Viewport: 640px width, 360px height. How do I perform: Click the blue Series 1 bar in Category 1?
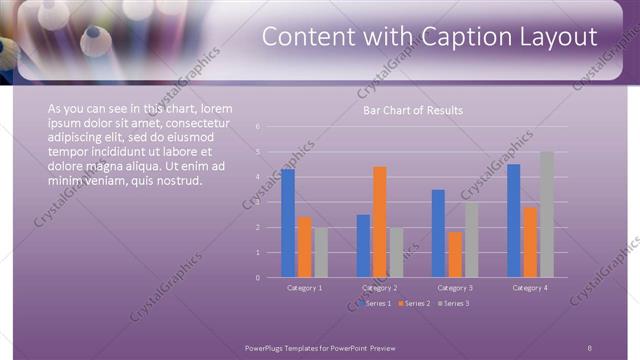pyautogui.click(x=288, y=223)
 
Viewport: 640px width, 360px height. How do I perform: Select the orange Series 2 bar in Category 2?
pyautogui.click(x=380, y=222)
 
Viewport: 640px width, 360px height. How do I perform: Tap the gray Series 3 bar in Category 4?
pyautogui.click(x=546, y=214)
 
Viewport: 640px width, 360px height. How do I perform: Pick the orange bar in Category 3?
pyautogui.click(x=455, y=254)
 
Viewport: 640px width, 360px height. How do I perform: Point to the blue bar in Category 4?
pyautogui.click(x=513, y=220)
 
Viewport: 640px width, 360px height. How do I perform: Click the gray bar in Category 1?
pyautogui.click(x=321, y=252)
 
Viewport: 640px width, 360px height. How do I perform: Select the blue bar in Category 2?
pyautogui.click(x=363, y=246)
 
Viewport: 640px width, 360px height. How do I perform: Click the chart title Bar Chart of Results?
pyautogui.click(x=412, y=110)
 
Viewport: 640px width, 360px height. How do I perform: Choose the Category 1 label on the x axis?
pyautogui.click(x=304, y=288)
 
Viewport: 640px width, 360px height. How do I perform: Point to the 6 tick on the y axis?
pyautogui.click(x=258, y=127)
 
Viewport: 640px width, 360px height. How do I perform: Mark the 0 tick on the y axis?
pyautogui.click(x=258, y=277)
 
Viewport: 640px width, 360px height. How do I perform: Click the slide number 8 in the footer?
pyautogui.click(x=590, y=346)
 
